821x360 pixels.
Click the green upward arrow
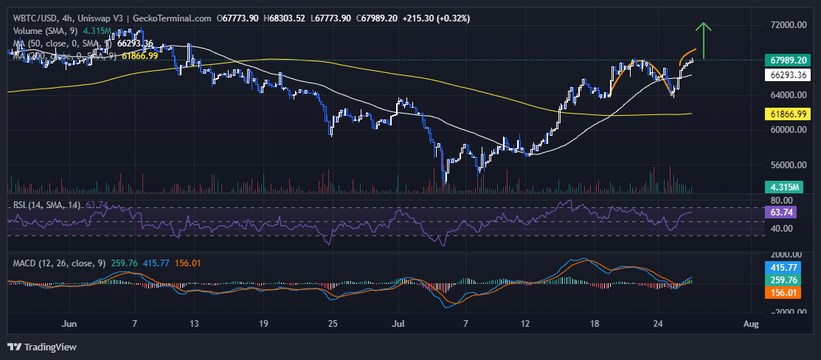tap(704, 40)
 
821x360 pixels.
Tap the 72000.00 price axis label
tap(787, 25)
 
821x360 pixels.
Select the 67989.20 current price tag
tap(786, 60)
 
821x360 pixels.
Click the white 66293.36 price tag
tap(786, 75)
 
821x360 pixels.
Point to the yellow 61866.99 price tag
tap(786, 114)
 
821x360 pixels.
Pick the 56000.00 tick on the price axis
tap(787, 165)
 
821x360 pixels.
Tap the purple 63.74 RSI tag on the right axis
tap(781, 212)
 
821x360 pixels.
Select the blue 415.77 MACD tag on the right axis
tap(783, 268)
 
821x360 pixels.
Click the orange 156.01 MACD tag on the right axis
tap(783, 293)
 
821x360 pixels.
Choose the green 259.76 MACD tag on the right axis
tap(783, 280)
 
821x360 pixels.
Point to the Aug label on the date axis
tap(751, 324)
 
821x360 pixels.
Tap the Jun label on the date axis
tap(69, 324)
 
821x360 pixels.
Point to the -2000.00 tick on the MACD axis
tap(787, 312)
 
